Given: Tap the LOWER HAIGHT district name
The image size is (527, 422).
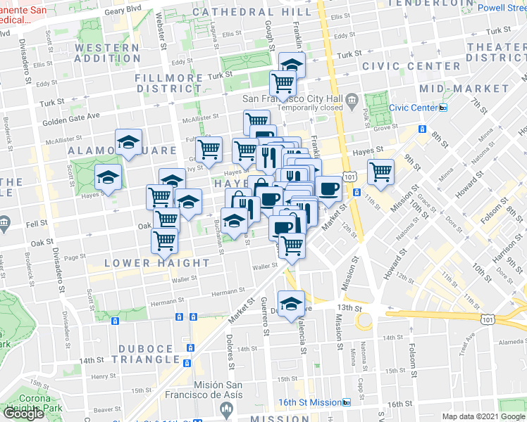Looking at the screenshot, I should (x=157, y=263).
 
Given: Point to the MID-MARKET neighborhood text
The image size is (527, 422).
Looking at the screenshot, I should (x=464, y=89).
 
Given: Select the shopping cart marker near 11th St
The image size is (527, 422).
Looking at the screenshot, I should (x=380, y=171).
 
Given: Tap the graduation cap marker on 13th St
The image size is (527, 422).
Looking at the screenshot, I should (x=291, y=303).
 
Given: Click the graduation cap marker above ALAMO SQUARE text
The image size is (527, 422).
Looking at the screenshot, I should (x=128, y=143).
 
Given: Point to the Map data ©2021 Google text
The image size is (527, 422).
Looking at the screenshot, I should (x=483, y=416).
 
